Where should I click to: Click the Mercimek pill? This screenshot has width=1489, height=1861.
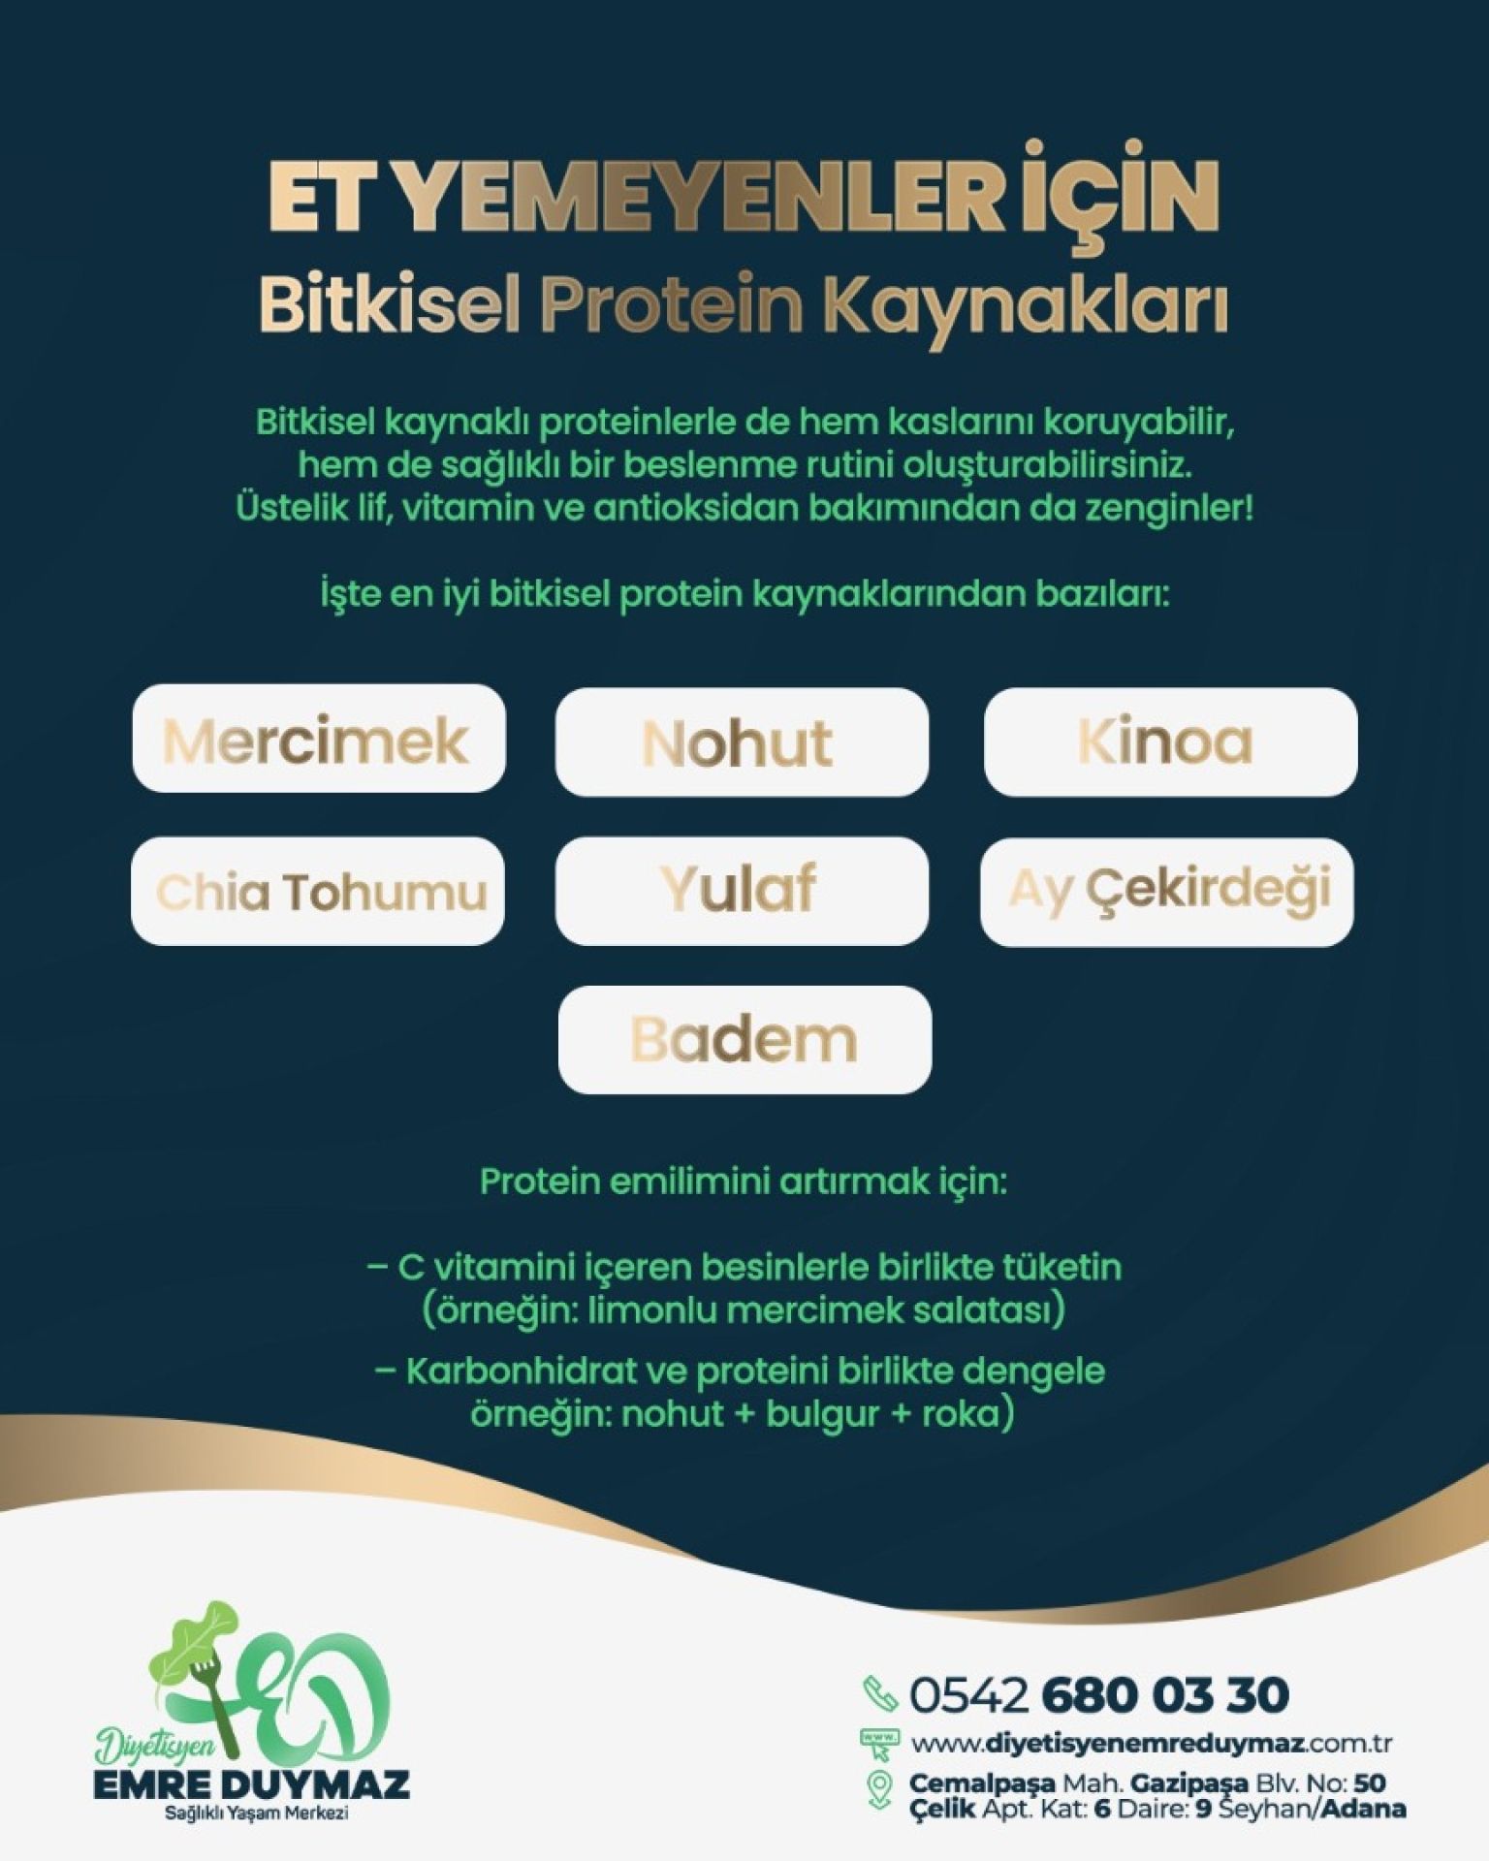coord(318,739)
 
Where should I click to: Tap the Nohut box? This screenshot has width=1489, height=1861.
coord(742,742)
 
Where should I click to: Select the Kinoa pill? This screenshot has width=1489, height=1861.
coord(1170,742)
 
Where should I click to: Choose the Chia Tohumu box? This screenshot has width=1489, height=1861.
coord(318,891)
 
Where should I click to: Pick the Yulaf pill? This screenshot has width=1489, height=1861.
coord(742,891)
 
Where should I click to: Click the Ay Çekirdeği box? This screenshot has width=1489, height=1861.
coord(1166,891)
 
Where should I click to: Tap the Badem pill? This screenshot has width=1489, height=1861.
coord(744,1040)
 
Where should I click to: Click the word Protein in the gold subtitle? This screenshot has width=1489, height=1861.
coord(672,304)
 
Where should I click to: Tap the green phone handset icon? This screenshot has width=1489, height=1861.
coord(879,1693)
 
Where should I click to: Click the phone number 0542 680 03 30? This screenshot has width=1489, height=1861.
coord(1099,1694)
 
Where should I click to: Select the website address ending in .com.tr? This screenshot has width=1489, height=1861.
coord(1152,1744)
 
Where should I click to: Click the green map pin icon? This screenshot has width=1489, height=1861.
coord(879,1789)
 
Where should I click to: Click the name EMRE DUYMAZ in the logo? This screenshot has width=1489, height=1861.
coord(251,1784)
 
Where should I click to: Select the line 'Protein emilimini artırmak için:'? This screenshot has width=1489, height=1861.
coord(744,1182)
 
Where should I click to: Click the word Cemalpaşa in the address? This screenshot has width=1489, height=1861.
coord(981,1783)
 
